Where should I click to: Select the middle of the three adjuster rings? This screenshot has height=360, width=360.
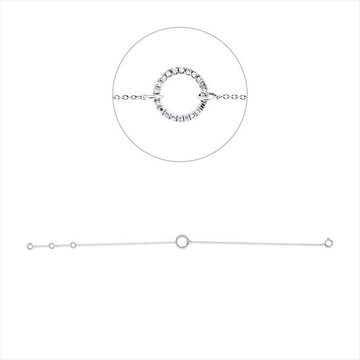click(x=51, y=245)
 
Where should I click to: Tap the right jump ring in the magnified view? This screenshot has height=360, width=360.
click(x=205, y=99)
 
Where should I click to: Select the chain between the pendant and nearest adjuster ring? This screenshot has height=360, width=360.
click(x=125, y=242)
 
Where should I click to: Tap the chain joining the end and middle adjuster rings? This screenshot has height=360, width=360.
click(x=40, y=246)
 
